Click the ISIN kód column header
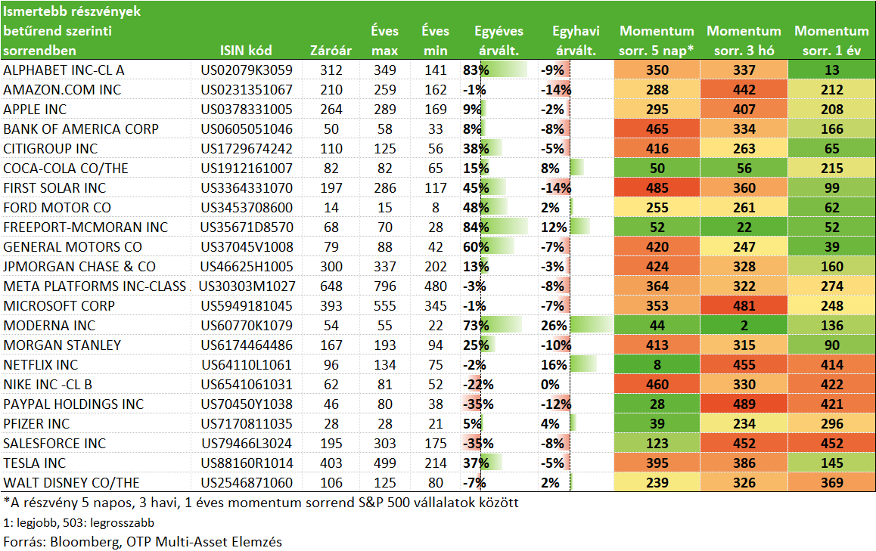pos(246,51)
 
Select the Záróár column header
pos(331,51)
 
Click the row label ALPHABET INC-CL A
pos(64,70)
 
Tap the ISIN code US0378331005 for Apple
pos(247,110)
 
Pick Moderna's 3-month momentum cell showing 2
pos(744,326)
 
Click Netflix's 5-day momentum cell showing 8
pos(657,365)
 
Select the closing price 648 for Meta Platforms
pos(331,286)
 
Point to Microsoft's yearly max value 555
pos(385,306)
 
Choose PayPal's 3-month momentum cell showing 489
pos(744,404)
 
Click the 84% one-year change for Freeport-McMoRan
pos(476,228)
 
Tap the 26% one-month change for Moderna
pos(554,326)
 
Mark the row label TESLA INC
pos(35,463)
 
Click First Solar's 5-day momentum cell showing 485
pos(657,188)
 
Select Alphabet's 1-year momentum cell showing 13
pos(832,70)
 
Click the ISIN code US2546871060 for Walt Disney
pos(247,483)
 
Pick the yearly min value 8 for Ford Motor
pos(436,208)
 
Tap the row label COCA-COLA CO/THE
pos(66,169)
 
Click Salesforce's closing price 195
pos(331,444)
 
